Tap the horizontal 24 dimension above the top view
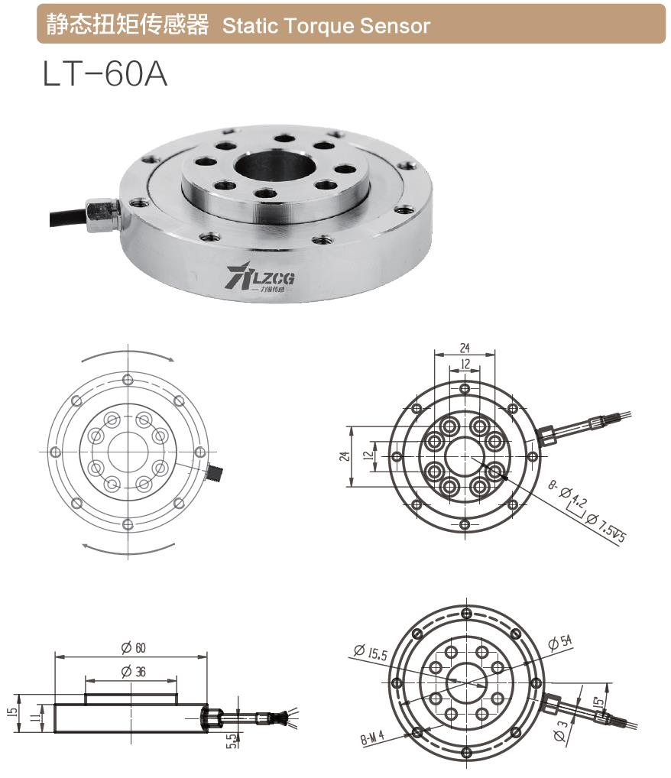tap(465, 348)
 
